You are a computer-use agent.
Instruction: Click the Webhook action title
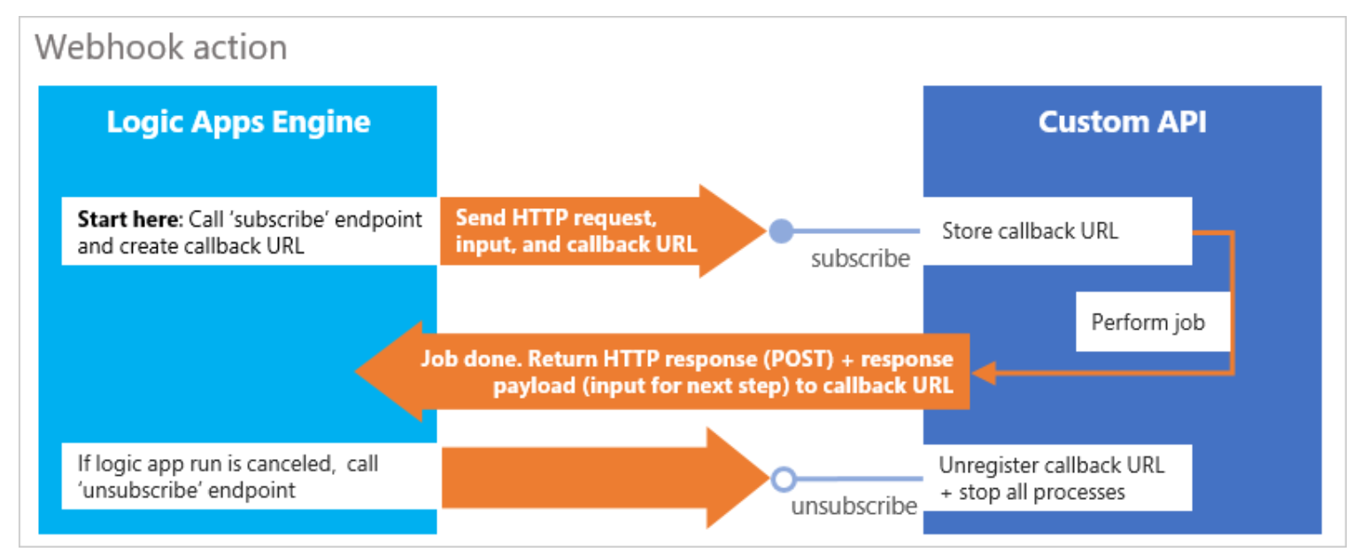tap(161, 47)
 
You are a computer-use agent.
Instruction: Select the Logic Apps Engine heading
tap(238, 122)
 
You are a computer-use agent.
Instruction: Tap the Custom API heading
tap(1122, 122)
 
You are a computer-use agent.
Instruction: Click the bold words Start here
tap(130, 220)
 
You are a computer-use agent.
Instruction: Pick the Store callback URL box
tap(1057, 231)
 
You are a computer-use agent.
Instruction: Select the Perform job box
tap(1148, 322)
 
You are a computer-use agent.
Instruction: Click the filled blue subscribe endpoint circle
tap(780, 231)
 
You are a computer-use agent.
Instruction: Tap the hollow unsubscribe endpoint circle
tap(782, 479)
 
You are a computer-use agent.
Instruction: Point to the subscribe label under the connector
tap(860, 259)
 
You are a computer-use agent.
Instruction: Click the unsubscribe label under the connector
tap(854, 506)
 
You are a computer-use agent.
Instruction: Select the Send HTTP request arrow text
tap(576, 230)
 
